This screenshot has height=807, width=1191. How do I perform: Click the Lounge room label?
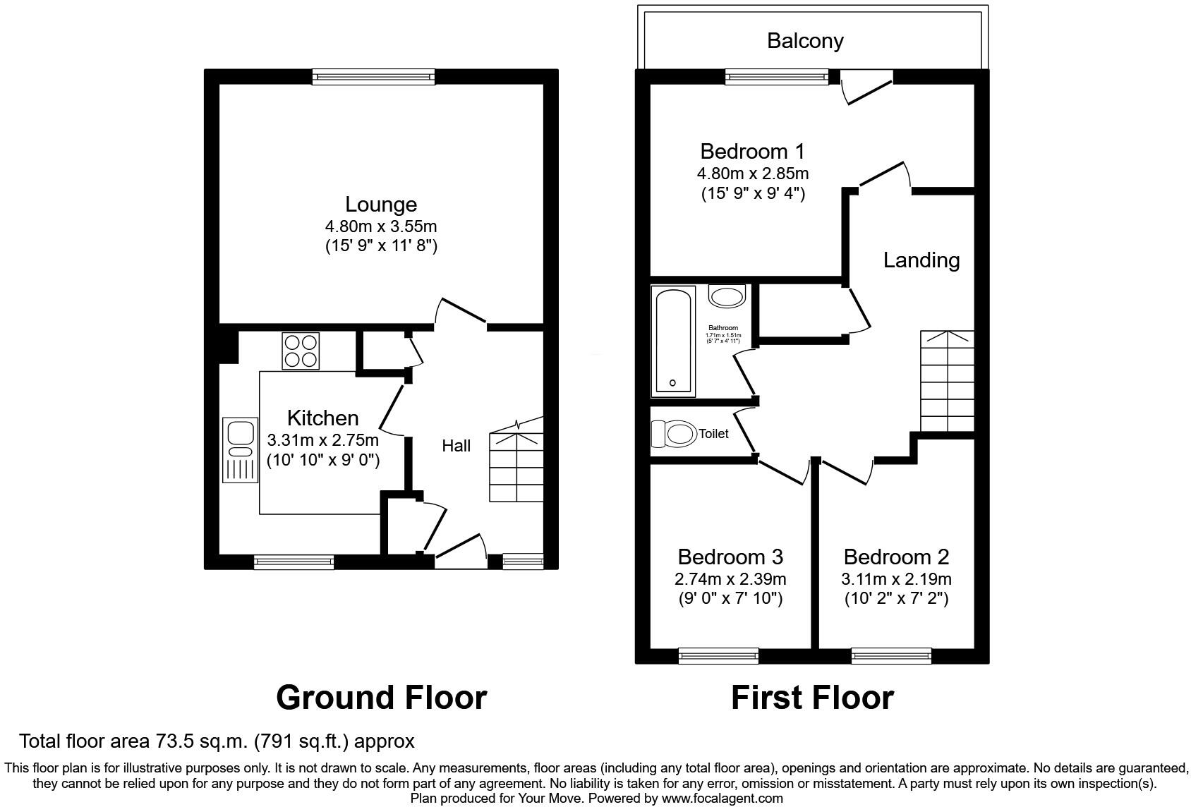(x=380, y=205)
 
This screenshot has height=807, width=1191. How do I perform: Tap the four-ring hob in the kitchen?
(x=300, y=351)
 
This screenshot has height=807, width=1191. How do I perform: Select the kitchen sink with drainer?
(x=240, y=450)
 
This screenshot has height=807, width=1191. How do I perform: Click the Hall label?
(x=456, y=446)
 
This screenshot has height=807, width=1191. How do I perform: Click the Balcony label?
(x=805, y=41)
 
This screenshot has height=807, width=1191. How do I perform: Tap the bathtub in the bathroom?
(x=675, y=340)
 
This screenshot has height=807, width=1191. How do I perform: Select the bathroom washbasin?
(x=727, y=296)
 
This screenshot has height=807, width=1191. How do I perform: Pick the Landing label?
(x=921, y=260)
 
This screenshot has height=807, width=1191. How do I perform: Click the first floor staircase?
(x=947, y=381)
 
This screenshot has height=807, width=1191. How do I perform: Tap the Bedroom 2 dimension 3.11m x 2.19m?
(x=896, y=580)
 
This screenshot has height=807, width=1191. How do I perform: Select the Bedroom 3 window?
(x=718, y=656)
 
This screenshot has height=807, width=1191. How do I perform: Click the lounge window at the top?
(x=374, y=77)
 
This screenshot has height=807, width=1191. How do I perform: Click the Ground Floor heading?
(x=381, y=698)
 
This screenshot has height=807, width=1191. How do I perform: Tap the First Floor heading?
(x=812, y=698)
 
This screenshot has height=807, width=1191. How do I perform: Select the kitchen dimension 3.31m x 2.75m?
(x=322, y=441)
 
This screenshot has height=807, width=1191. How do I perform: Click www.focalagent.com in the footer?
(x=722, y=799)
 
